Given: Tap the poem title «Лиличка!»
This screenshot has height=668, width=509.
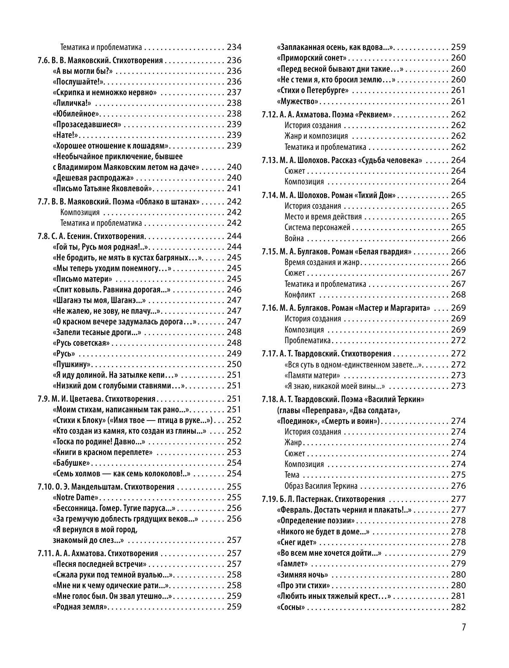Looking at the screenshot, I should (x=71, y=103).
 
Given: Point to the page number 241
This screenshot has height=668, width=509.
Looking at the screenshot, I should (x=234, y=189).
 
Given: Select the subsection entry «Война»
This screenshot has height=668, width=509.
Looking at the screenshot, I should (x=294, y=239).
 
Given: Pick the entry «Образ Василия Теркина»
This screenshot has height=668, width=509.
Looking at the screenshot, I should (x=321, y=486).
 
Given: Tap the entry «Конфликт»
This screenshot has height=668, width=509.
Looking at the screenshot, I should (x=300, y=295).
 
